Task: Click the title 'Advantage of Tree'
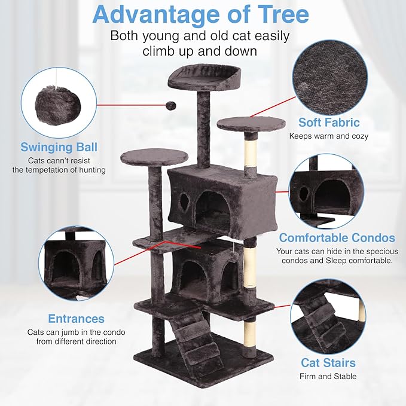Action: click(x=202, y=14)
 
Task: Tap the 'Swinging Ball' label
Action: click(x=59, y=147)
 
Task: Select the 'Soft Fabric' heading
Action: click(x=329, y=123)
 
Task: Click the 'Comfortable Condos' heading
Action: click(x=337, y=237)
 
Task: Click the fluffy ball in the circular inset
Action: click(x=59, y=103)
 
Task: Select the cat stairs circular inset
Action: click(x=328, y=317)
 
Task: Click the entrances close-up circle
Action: click(x=76, y=263)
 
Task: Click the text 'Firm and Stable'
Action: click(x=328, y=376)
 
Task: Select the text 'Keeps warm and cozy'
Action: click(x=329, y=136)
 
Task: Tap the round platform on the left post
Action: click(x=154, y=157)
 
